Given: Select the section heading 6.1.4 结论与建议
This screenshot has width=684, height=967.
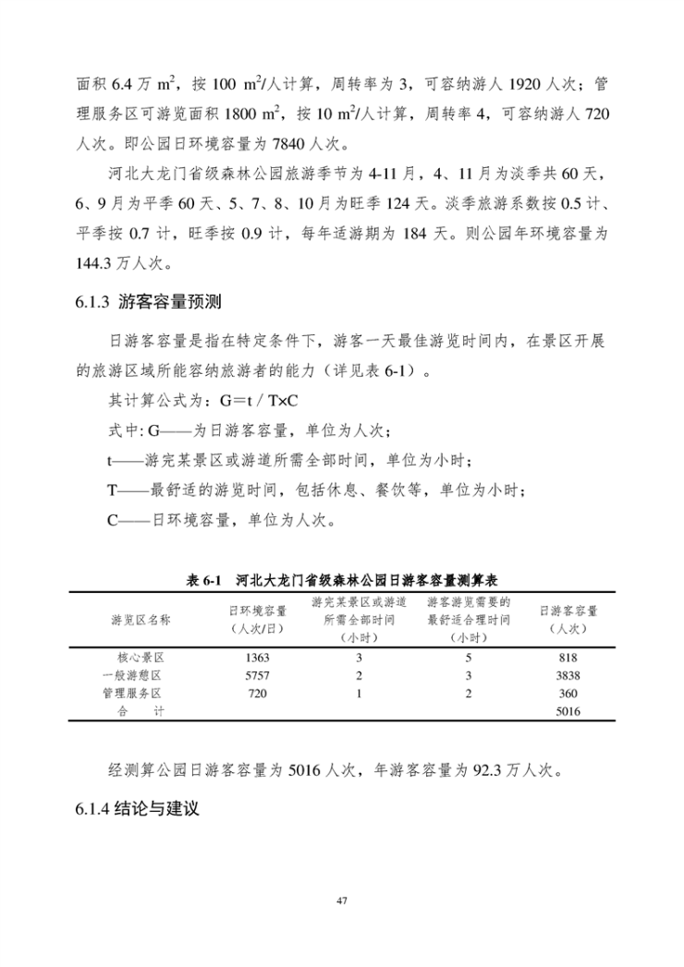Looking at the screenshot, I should click(x=138, y=810).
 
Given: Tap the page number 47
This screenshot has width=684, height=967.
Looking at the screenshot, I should click(x=342, y=900).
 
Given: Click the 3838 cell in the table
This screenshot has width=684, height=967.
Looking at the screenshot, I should click(x=568, y=675).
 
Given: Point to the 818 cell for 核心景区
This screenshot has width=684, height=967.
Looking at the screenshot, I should click(x=568, y=658).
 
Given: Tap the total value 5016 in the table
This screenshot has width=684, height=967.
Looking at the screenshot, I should click(x=568, y=711).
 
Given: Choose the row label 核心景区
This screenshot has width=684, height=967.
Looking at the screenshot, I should click(x=140, y=658).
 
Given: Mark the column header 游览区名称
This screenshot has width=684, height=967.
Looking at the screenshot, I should click(x=140, y=619).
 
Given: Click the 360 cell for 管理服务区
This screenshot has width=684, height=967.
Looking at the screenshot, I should click(x=568, y=693).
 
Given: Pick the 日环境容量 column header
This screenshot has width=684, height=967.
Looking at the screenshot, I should click(x=257, y=619).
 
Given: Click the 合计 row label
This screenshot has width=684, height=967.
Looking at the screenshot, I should click(x=140, y=711).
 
